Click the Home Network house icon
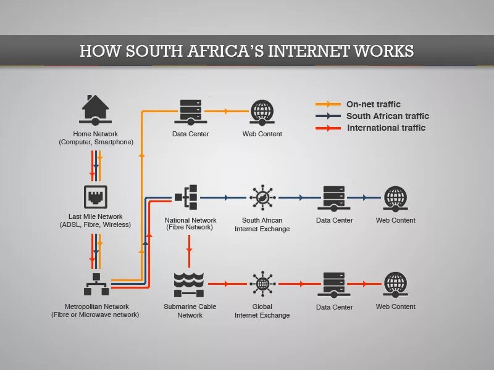click(95, 110)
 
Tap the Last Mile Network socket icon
click(95, 196)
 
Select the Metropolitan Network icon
click(96, 285)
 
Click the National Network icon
click(186, 197)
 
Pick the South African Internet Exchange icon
click(262, 197)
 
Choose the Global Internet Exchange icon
click(262, 284)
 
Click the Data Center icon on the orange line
click(190, 111)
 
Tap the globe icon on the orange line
click(262, 111)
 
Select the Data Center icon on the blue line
click(334, 197)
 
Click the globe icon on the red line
click(396, 284)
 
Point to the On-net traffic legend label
click(373, 105)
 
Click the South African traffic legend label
click(387, 116)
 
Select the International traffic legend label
click(386, 128)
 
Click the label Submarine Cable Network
click(190, 311)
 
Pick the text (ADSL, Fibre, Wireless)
click(95, 225)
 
